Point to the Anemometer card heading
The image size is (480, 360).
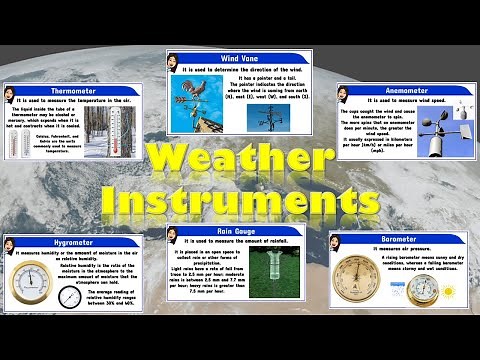click(403, 91)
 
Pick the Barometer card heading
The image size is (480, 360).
click(398, 239)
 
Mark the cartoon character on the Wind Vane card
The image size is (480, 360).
click(174, 70)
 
